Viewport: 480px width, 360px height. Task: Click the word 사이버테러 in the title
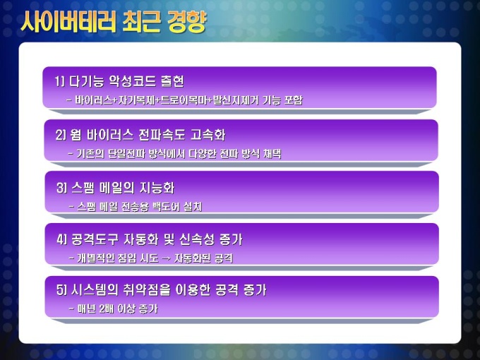pyautogui.click(x=68, y=22)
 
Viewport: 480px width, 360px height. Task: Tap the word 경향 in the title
pyautogui.click(x=187, y=22)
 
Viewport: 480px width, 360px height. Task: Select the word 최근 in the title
pyautogui.click(x=141, y=22)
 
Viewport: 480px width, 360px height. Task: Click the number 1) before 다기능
pyautogui.click(x=60, y=81)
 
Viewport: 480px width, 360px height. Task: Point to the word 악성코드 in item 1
pyautogui.click(x=132, y=81)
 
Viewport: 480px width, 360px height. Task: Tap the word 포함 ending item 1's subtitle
pyautogui.click(x=293, y=100)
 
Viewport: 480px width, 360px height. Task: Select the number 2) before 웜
pyautogui.click(x=61, y=135)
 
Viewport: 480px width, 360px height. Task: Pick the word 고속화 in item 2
pyautogui.click(x=208, y=135)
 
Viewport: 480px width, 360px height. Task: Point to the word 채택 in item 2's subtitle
pyautogui.click(x=272, y=153)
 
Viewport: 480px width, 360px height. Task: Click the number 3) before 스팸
pyautogui.click(x=62, y=188)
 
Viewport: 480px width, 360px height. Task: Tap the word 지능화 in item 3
pyautogui.click(x=157, y=187)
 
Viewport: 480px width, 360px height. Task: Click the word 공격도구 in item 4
pyautogui.click(x=95, y=239)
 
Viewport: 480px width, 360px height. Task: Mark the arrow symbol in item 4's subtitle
pyautogui.click(x=166, y=258)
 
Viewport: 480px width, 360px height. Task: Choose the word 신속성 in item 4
pyautogui.click(x=197, y=239)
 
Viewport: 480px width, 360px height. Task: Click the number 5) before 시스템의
pyautogui.click(x=62, y=290)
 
